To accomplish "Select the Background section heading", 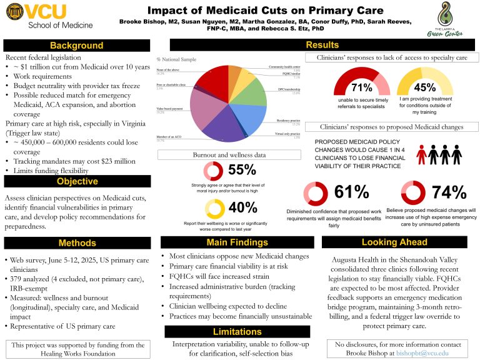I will pyautogui.click(x=77, y=46).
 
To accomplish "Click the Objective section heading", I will pyautogui.click(x=77, y=181).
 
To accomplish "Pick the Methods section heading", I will pyautogui.click(x=77, y=242).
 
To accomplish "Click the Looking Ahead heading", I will pyautogui.click(x=394, y=242).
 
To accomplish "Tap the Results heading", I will pyautogui.click(x=322, y=45).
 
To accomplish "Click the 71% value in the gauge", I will pyautogui.click(x=362, y=87).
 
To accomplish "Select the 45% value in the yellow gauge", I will pyautogui.click(x=424, y=87).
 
